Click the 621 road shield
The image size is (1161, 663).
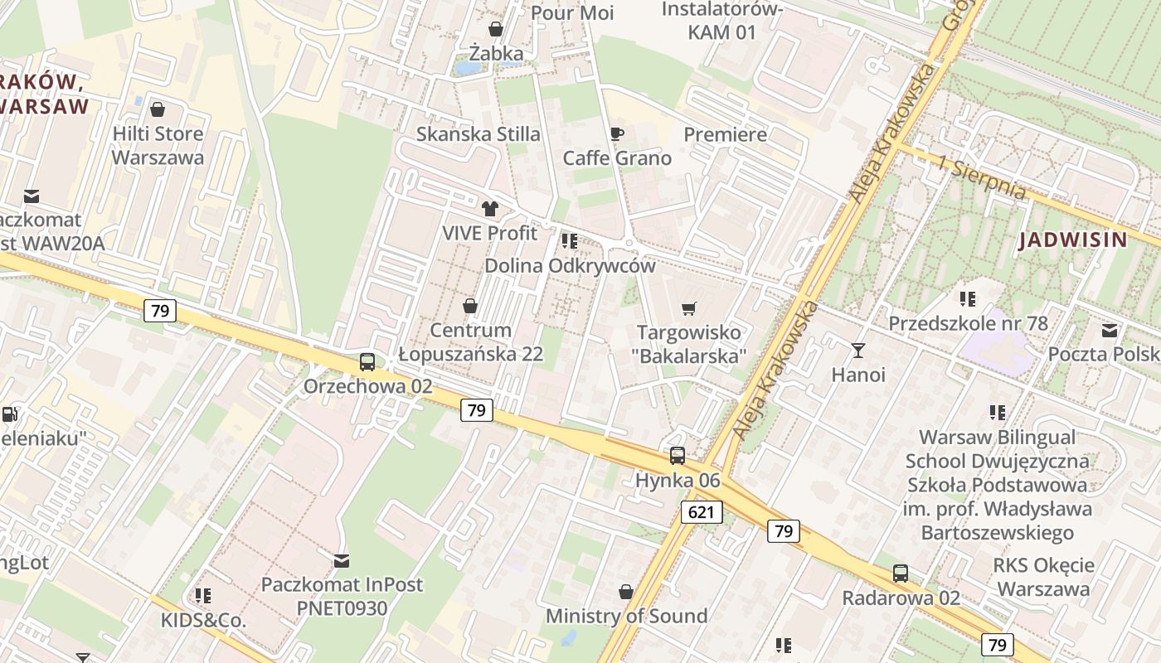701,512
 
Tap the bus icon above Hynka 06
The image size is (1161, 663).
678,455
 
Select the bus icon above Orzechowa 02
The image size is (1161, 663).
367,362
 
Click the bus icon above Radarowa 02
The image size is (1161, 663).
901,573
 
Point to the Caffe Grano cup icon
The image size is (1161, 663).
616,133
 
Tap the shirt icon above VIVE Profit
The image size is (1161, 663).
490,209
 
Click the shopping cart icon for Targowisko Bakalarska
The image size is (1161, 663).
688,309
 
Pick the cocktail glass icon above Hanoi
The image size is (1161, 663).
858,351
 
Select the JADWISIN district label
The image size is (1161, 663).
1073,240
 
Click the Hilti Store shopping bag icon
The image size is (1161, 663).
158,109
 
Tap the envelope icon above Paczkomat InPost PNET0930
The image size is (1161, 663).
341,561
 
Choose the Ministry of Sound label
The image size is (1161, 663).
626,616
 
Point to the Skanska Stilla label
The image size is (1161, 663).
478,134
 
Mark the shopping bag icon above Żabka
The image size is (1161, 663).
496,30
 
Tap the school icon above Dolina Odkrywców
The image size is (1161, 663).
569,241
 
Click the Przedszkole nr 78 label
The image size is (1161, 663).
968,323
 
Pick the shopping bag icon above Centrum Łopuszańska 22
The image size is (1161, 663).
470,307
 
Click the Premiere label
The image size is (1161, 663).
725,134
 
